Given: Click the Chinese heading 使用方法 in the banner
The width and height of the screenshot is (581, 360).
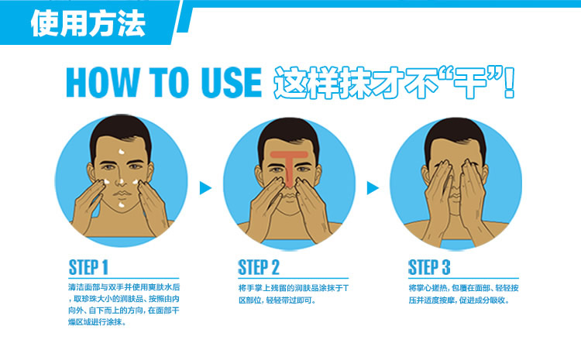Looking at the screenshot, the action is (x=88, y=23).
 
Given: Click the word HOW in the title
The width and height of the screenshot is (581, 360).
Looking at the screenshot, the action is (x=101, y=82).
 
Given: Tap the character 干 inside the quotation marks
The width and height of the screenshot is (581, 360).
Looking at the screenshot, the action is (x=469, y=83).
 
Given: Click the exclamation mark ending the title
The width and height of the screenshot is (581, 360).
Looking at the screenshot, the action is (x=510, y=83).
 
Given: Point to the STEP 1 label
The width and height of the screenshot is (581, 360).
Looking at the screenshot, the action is (x=88, y=267).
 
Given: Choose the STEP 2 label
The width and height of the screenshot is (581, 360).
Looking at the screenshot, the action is (x=258, y=267).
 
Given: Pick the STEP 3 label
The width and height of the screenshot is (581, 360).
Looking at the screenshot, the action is (x=428, y=267).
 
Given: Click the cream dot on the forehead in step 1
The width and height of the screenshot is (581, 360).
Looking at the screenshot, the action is (x=122, y=152).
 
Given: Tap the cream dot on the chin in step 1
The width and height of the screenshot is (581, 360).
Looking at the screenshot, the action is (x=121, y=205).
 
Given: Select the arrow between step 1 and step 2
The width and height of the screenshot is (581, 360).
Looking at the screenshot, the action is (x=205, y=188).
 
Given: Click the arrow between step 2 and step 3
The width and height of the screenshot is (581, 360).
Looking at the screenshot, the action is (x=373, y=188).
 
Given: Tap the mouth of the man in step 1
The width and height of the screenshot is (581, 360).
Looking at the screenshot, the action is (x=122, y=194).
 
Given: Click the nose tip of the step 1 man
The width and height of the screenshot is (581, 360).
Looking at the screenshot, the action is (x=121, y=182).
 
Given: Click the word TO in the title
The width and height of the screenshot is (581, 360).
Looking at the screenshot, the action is (x=169, y=82).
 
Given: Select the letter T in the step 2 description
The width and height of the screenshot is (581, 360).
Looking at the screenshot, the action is (x=346, y=288).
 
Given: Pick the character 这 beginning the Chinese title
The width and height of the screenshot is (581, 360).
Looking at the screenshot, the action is (x=290, y=83).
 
